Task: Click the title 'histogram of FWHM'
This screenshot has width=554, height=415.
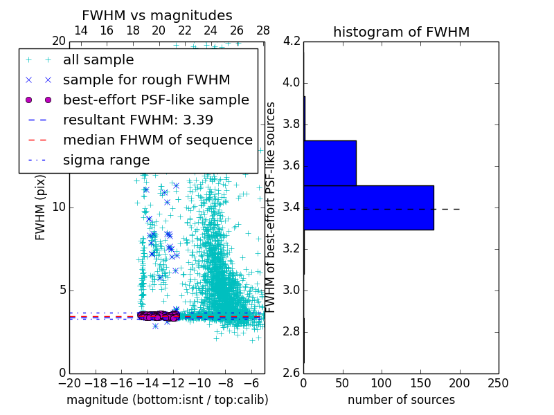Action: [x=401, y=32]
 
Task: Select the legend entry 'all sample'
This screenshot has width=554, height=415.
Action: [x=98, y=60]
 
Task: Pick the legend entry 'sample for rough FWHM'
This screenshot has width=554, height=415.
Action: [x=146, y=80]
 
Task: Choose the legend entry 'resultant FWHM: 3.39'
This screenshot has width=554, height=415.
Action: [x=138, y=120]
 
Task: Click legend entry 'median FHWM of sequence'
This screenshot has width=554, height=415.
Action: [x=157, y=140]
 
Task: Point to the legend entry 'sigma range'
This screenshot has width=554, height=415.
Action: [x=106, y=160]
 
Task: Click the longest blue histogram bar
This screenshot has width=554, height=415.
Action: [x=368, y=207]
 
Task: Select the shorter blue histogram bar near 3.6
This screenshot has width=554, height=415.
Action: [x=330, y=163]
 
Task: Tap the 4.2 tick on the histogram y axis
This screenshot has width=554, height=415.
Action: [x=292, y=41]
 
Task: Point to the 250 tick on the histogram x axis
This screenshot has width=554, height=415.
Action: [x=498, y=383]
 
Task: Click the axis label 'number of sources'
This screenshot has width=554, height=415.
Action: [x=401, y=400]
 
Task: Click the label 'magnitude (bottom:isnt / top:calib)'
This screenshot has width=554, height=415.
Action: [x=167, y=400]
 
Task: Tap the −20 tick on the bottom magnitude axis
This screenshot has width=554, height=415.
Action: [x=69, y=383]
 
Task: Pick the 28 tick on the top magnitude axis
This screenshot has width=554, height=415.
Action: [x=263, y=30]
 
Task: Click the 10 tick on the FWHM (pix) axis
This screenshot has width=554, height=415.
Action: [x=58, y=207]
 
